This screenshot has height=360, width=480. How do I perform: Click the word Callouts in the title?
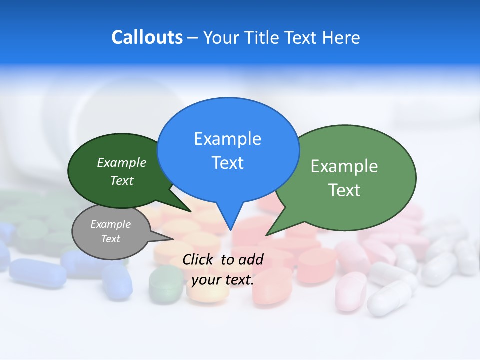(147, 37)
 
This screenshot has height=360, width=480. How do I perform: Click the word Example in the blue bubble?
(227, 139)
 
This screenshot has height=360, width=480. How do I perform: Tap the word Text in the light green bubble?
(344, 190)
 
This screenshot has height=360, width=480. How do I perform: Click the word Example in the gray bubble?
(110, 224)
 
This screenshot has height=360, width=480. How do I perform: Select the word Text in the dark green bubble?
(122, 180)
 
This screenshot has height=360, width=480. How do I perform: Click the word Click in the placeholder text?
(199, 259)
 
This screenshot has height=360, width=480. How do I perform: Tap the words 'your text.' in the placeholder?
(222, 280)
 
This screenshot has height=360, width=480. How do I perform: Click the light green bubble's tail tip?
(266, 235)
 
